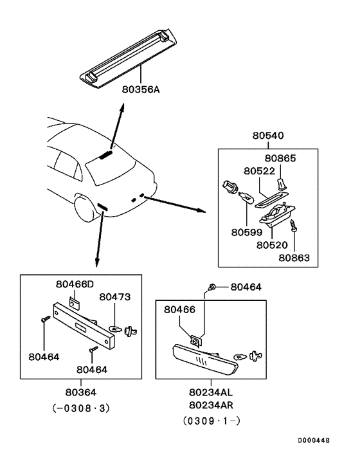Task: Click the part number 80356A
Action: pos(141,90)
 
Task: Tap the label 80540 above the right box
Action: pos(269,136)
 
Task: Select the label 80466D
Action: pos(75,284)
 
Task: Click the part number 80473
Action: pos(115,297)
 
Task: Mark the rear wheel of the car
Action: pos(84,209)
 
